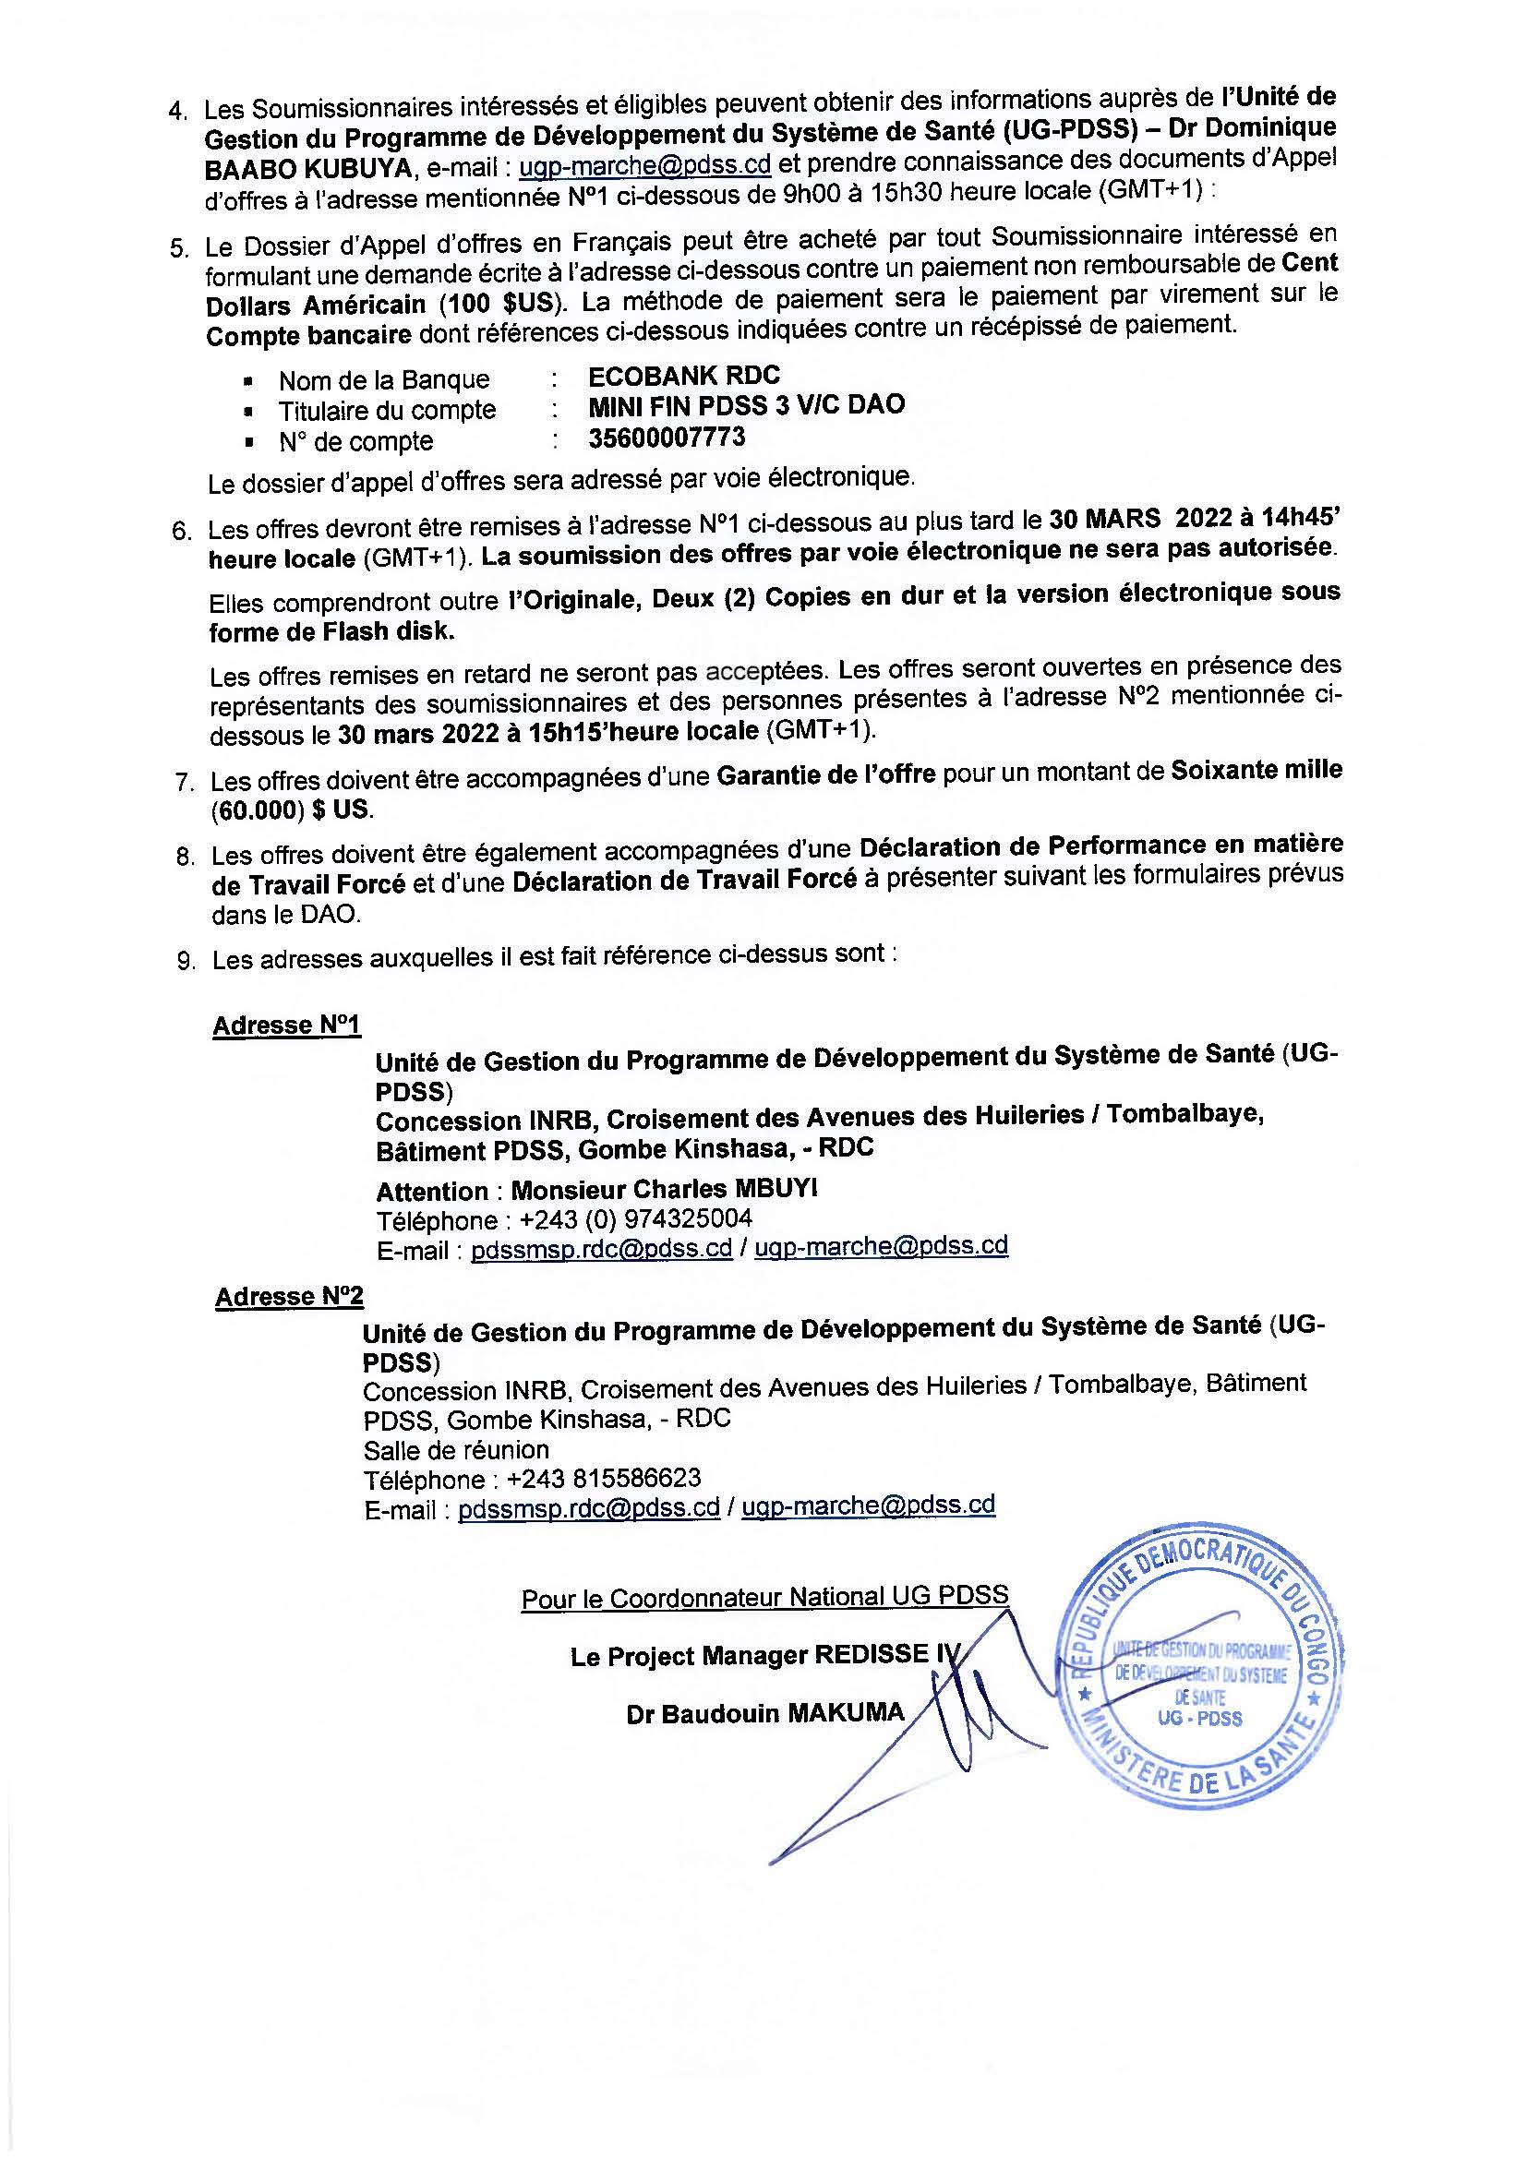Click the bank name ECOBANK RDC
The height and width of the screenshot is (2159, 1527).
(683, 375)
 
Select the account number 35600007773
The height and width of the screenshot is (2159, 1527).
(667, 438)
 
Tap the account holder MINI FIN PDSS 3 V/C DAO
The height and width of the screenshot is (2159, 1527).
(746, 405)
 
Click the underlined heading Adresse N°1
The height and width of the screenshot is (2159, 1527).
(287, 1024)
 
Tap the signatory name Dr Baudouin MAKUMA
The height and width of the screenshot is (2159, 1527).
(764, 1713)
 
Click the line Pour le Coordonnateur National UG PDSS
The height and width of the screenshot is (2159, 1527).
(764, 1597)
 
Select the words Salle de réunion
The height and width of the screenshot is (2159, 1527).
(456, 1449)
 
